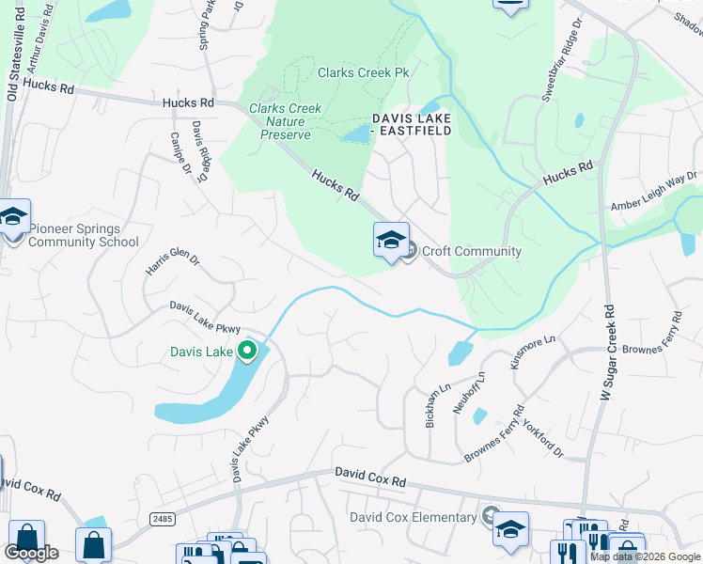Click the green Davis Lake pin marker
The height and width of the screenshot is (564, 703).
coord(247,352)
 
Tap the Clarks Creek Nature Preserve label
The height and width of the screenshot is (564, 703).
coord(285,122)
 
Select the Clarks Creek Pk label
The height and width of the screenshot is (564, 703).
coord(365,72)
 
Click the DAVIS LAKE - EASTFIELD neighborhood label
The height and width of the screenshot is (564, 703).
coord(412,124)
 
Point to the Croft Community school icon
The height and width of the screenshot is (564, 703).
coord(391,240)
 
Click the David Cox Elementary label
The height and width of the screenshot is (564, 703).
coord(413,517)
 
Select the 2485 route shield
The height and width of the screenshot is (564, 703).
coord(161,519)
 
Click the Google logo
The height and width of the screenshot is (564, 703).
coord(32,553)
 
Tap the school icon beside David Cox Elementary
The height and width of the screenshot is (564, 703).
coord(511,529)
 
